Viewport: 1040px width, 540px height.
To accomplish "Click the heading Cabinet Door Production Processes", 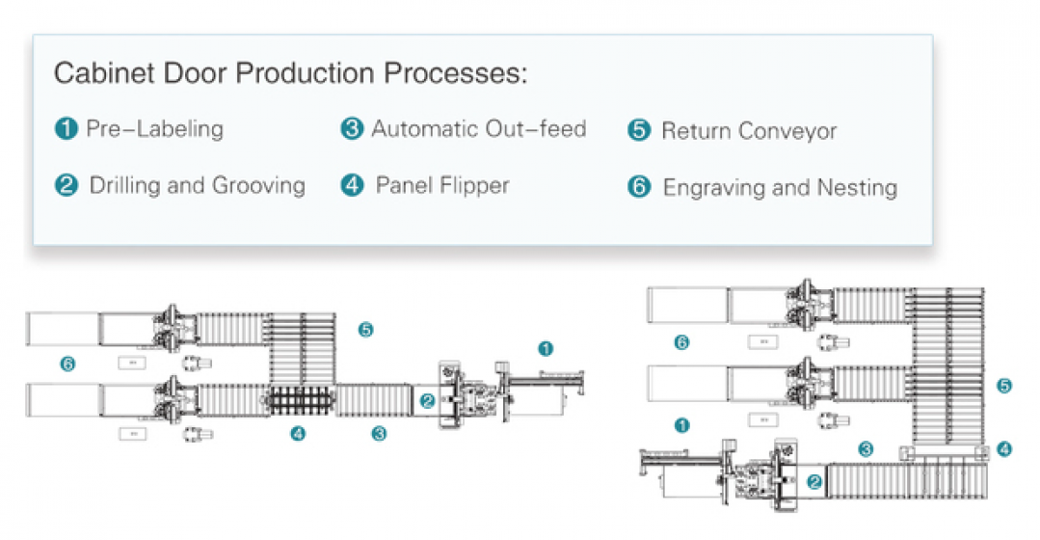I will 290,73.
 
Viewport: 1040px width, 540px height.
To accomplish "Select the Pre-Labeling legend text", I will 154,128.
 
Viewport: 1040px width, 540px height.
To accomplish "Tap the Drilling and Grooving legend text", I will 197,185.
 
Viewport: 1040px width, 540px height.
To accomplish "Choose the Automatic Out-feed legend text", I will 479,128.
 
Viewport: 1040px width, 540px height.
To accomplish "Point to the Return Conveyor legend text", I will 749,131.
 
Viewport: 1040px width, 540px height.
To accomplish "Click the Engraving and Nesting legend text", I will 780,187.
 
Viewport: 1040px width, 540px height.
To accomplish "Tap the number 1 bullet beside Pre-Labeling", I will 67,129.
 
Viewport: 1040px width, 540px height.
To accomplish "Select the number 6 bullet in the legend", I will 639,187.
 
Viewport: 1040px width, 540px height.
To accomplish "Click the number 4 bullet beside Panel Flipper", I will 353,185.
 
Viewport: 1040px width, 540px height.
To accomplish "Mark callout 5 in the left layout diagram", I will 365,330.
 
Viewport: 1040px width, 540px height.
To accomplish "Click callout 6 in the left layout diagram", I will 67,364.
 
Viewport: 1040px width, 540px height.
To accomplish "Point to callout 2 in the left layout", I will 427,401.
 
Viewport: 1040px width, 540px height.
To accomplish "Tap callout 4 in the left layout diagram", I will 298,434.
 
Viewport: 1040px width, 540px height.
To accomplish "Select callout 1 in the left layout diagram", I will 546,347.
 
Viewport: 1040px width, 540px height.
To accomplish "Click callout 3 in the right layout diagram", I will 867,448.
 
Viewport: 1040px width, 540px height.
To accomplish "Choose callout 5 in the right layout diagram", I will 1005,386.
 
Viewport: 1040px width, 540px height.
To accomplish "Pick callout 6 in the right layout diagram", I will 681,342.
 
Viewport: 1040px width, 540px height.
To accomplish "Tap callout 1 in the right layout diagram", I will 681,424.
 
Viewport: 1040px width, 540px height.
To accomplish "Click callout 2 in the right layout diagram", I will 814,482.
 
